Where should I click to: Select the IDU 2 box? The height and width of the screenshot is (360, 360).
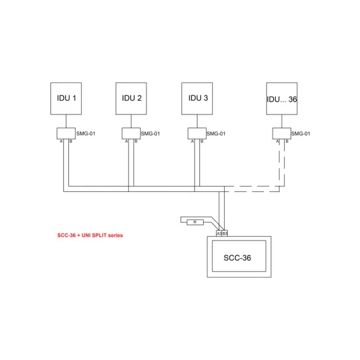pos(131,98)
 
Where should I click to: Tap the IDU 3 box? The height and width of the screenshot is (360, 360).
pos(197,98)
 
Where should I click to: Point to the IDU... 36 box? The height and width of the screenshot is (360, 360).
pos(282,98)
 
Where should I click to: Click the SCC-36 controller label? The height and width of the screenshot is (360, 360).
pos(237,258)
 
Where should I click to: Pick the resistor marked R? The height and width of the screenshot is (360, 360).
pos(195,222)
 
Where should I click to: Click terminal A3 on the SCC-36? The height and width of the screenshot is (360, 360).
pos(219,233)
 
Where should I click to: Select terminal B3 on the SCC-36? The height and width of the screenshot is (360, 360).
pos(225,233)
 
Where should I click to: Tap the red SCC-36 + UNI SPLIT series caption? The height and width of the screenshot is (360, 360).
pos(90,235)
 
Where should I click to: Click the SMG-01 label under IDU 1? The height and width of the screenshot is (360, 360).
pos(86,134)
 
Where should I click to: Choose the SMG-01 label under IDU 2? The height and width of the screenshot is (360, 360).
pos(150,134)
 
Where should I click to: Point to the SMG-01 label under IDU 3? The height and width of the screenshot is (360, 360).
pos(216,134)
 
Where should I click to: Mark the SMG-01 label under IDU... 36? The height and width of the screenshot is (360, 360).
pos(301,134)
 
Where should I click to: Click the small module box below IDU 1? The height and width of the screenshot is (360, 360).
pos(66,134)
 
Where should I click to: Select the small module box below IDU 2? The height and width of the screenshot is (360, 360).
pos(131,134)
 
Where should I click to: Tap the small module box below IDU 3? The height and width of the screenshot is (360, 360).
pos(197,134)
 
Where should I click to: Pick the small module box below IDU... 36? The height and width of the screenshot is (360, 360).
pos(282,134)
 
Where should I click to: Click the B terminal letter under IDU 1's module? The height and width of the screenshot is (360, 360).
pos(71,142)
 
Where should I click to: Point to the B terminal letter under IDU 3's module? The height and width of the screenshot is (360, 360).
pos(202,142)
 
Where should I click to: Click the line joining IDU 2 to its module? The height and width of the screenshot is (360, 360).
pos(131,121)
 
